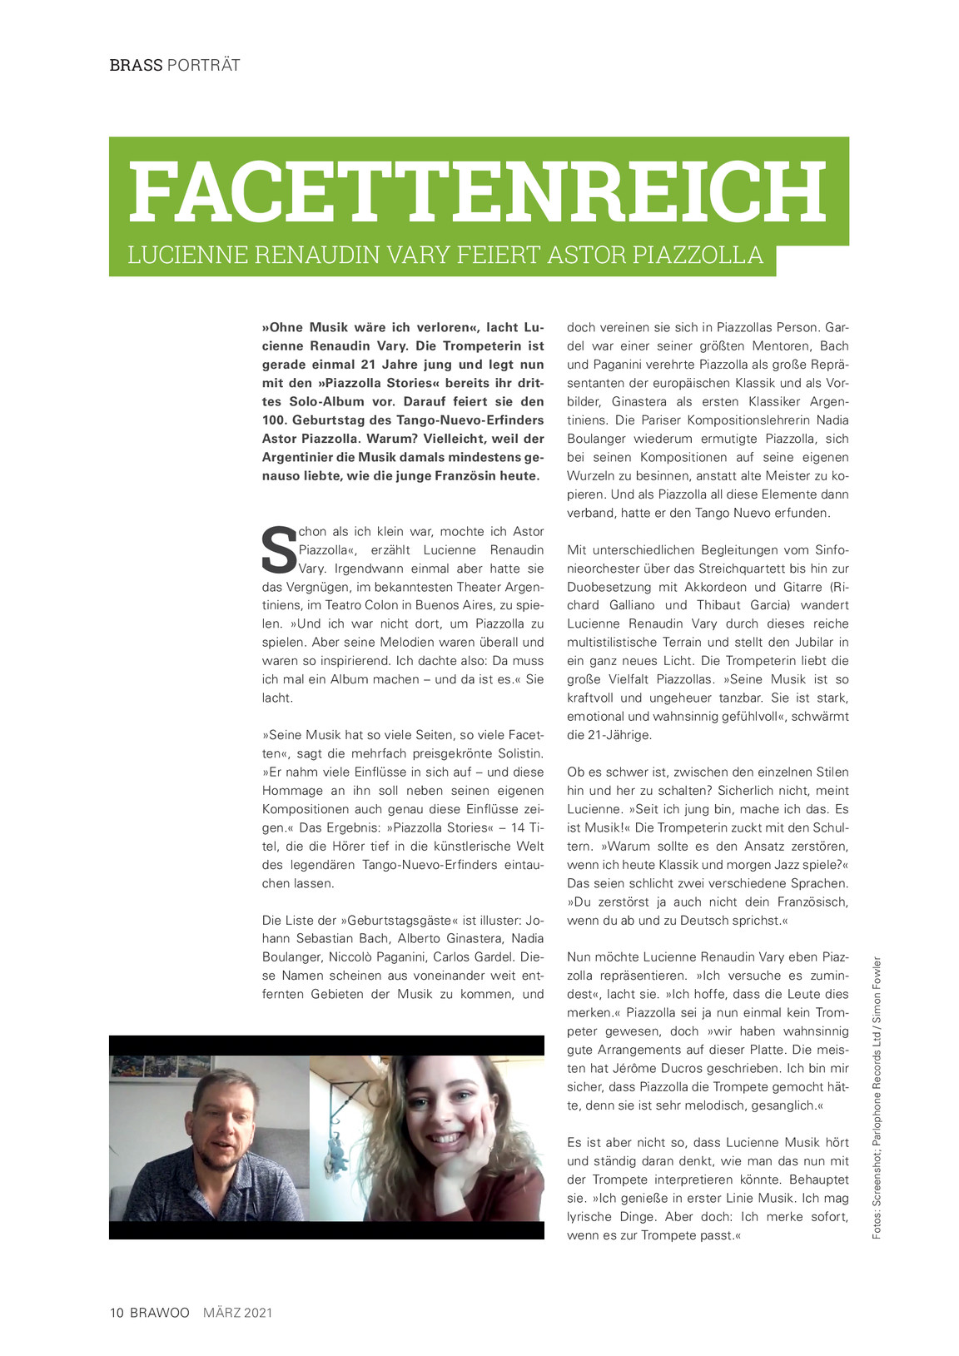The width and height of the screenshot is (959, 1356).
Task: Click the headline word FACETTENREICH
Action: coord(478,191)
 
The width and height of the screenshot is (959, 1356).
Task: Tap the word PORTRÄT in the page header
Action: coord(203,65)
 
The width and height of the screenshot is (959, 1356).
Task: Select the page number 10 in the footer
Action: coord(117,1313)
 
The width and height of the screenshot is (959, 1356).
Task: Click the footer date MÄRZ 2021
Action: coord(238,1313)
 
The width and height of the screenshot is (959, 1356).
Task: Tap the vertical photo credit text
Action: coord(877,1097)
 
